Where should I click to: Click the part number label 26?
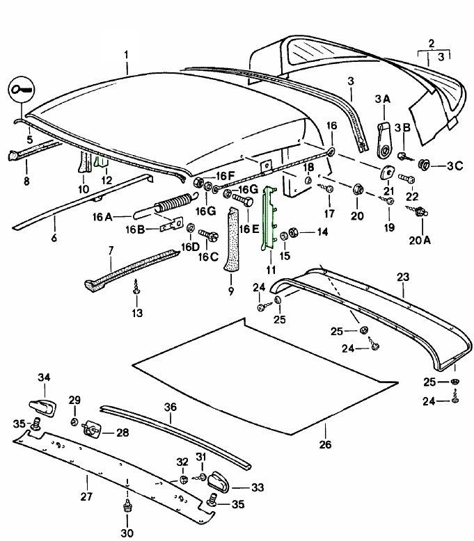(x=325, y=446)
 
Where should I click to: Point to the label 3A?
(x=382, y=100)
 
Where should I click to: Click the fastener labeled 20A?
(x=420, y=215)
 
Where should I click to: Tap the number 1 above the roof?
(x=126, y=54)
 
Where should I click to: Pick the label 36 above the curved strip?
(x=170, y=407)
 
